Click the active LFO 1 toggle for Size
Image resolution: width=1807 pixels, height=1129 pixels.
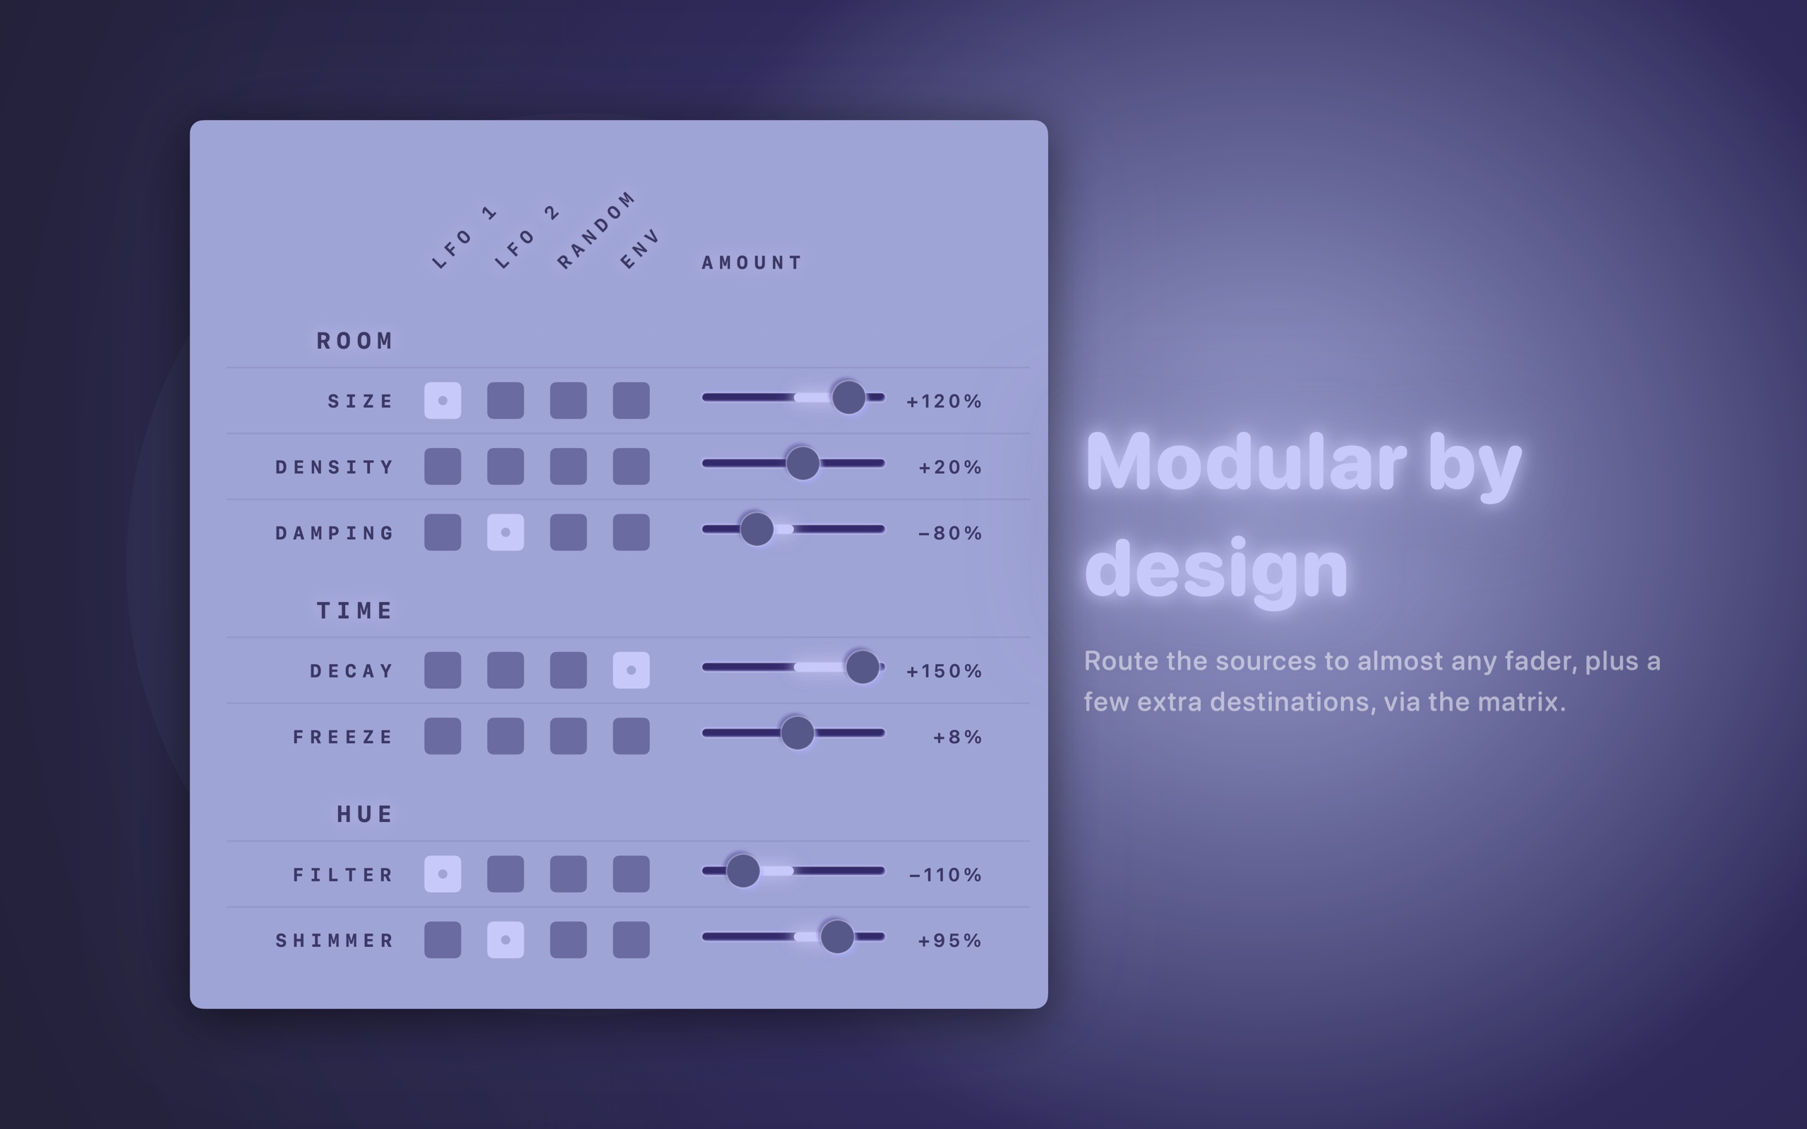point(443,401)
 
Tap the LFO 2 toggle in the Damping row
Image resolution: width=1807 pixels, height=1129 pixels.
point(505,532)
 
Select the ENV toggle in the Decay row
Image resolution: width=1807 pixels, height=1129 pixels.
point(631,670)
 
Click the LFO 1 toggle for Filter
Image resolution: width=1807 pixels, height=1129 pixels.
point(443,874)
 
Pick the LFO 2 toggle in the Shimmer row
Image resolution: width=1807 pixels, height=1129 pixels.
point(505,940)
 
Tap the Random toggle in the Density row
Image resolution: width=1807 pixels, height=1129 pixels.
point(568,466)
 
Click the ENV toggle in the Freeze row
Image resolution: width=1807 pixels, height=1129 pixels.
point(631,736)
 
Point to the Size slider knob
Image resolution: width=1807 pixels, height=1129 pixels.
point(848,397)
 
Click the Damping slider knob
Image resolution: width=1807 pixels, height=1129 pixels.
point(757,529)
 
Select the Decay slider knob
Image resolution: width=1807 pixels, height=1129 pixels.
point(863,667)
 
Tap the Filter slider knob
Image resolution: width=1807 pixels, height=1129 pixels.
point(743,871)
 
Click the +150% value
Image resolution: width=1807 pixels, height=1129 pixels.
point(944,671)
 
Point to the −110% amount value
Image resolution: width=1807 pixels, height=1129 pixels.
point(945,875)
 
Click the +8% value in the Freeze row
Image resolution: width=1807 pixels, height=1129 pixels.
point(957,737)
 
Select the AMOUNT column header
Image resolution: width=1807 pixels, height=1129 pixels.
point(751,262)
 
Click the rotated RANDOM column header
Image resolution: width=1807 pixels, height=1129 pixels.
point(596,230)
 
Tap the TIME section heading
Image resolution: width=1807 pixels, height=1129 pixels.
point(354,611)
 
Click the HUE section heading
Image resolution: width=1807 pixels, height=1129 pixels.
point(364,814)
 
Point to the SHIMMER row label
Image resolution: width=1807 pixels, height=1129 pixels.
point(335,941)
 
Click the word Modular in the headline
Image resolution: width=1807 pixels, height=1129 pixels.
point(1245,462)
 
